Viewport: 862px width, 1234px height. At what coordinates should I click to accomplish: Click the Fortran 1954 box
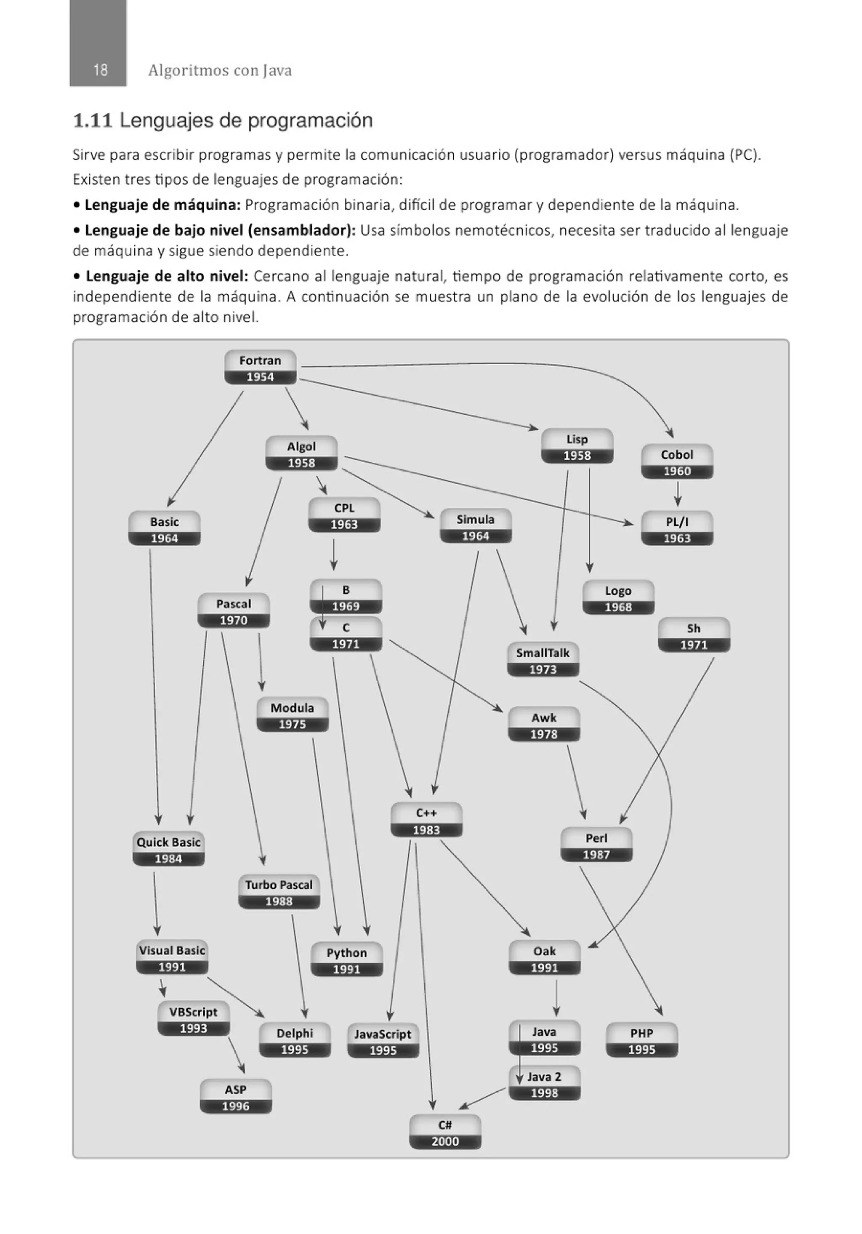260,368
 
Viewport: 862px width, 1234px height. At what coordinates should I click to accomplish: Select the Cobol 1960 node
677,462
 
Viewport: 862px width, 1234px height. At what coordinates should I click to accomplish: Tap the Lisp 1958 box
577,447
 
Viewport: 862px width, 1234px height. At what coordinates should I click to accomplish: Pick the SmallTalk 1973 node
543,661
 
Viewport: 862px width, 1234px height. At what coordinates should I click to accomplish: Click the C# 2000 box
445,1133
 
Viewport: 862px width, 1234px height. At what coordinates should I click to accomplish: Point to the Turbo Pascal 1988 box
279,893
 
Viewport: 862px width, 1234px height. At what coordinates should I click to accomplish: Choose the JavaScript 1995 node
383,1042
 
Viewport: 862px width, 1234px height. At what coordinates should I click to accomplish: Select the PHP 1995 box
642,1040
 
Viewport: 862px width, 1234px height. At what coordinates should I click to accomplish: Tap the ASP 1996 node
235,1097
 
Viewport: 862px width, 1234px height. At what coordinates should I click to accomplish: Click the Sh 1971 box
694,636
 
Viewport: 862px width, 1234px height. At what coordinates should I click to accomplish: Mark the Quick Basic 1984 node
169,850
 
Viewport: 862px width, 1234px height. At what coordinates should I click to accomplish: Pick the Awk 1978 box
544,725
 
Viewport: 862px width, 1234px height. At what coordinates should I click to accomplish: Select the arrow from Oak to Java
556,998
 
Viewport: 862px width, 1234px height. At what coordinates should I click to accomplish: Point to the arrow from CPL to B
334,554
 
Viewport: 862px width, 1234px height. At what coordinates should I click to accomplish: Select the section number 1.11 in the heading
93,120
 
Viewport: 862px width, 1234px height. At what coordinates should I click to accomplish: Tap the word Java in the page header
277,70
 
